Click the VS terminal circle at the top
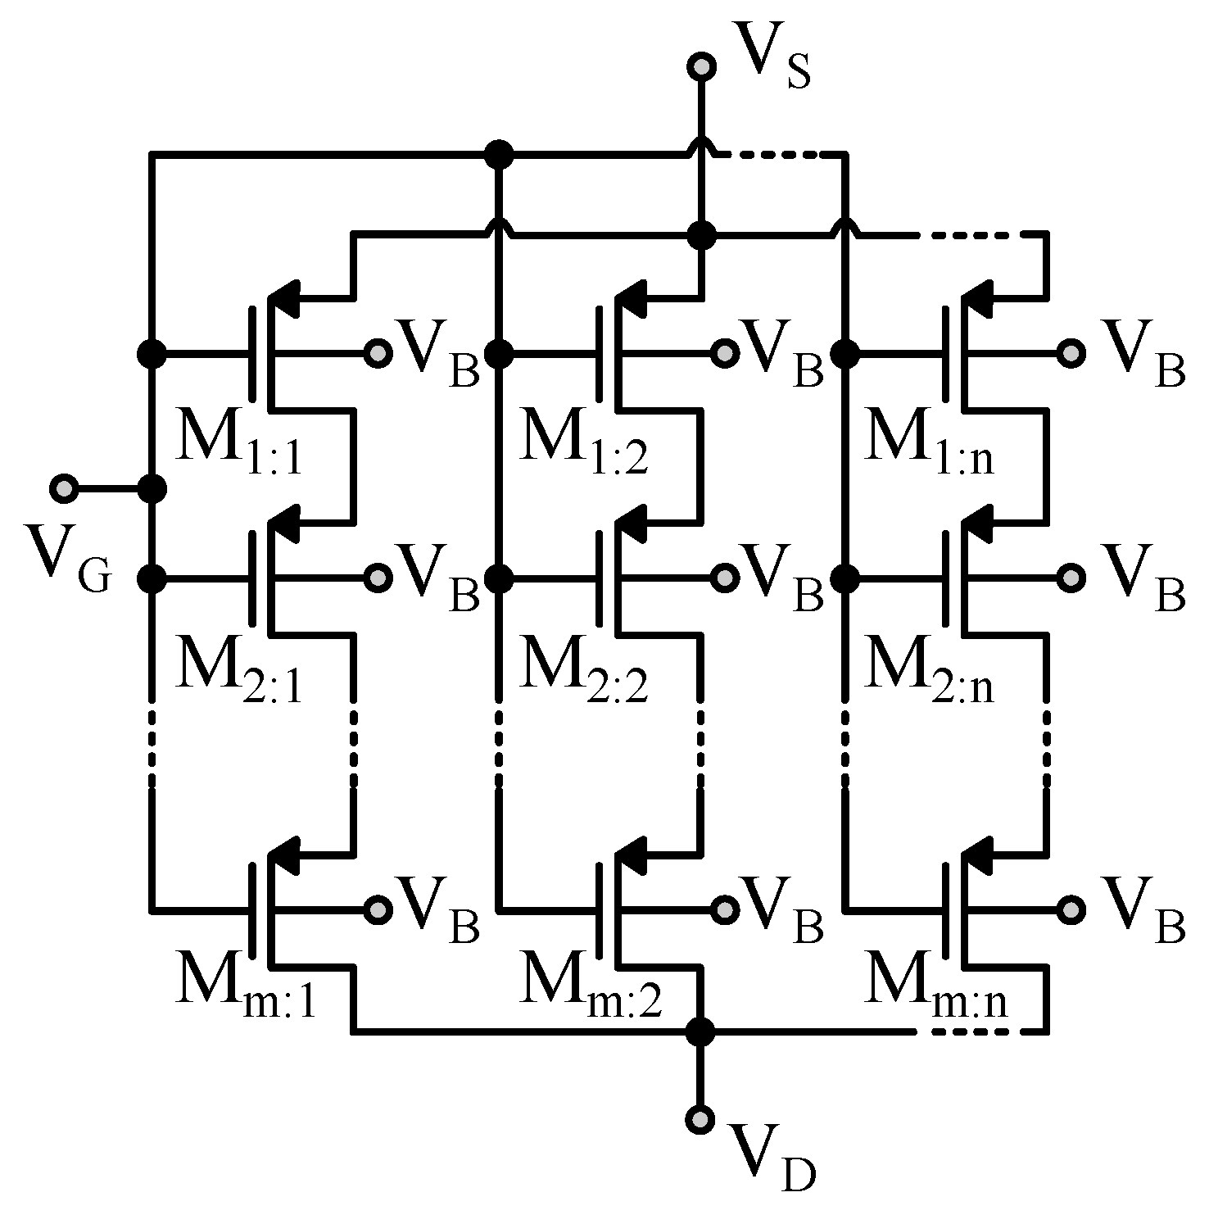point(701,67)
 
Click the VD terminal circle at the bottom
point(700,1119)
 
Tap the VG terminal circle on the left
point(63,490)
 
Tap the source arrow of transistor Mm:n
point(978,854)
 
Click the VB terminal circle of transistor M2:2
point(724,578)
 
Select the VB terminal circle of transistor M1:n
point(1070,353)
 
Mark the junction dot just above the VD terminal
point(700,1032)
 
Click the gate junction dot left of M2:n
point(844,578)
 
